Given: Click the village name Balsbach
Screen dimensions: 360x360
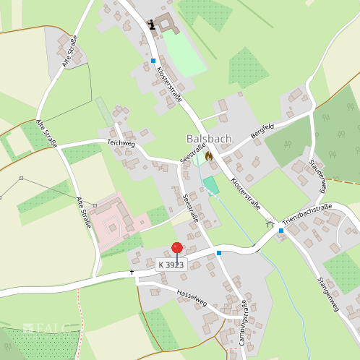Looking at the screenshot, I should click(210, 138).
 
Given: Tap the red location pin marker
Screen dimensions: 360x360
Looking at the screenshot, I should click(177, 249).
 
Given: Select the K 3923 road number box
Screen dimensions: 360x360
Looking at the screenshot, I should click(172, 265).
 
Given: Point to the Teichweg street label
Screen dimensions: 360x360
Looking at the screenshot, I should click(121, 143).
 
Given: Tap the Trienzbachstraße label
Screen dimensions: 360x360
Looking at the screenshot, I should click(307, 216).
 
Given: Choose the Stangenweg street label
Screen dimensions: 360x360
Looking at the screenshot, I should click(328, 294).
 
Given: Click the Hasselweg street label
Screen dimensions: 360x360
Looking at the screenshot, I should click(191, 297).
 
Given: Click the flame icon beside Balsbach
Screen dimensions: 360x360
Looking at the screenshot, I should click(209, 155).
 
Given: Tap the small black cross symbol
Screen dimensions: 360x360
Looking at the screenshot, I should click(132, 273).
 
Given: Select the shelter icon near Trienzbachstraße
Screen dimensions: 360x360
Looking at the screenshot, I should click(270, 224).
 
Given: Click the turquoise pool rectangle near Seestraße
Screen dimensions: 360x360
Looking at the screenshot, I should click(211, 186).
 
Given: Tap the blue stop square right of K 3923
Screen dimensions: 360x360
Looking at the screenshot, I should click(219, 253).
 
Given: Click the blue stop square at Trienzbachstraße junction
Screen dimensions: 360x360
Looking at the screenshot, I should click(282, 231).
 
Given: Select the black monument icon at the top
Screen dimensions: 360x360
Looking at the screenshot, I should click(152, 25).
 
